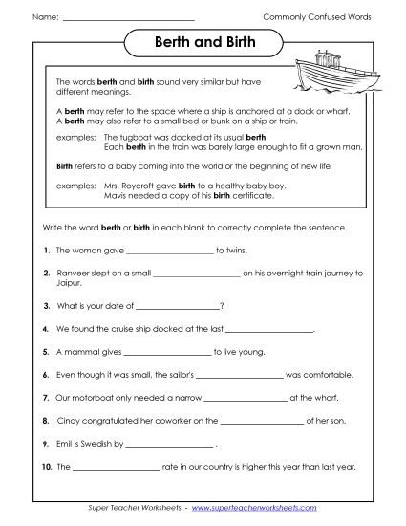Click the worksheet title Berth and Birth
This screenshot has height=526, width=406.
point(202,44)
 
